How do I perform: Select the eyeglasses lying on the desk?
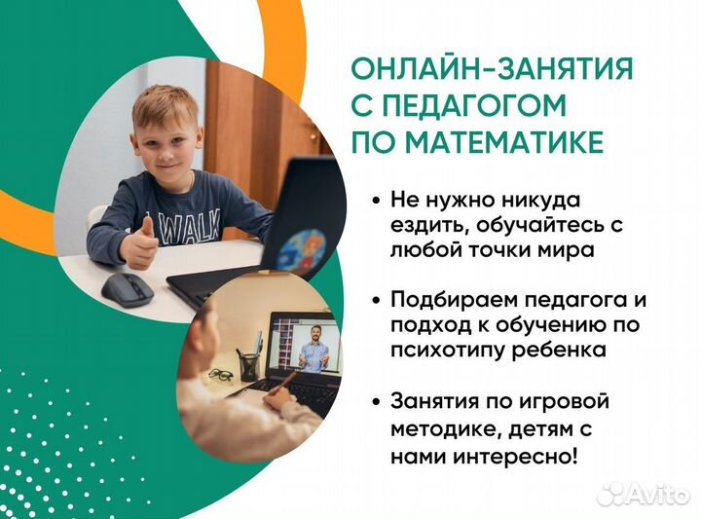click(x=221, y=374)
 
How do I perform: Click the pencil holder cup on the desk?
click(x=249, y=365)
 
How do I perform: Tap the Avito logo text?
click(x=658, y=495)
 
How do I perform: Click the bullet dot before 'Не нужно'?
click(x=376, y=201)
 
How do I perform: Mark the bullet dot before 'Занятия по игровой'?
click(x=376, y=402)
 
